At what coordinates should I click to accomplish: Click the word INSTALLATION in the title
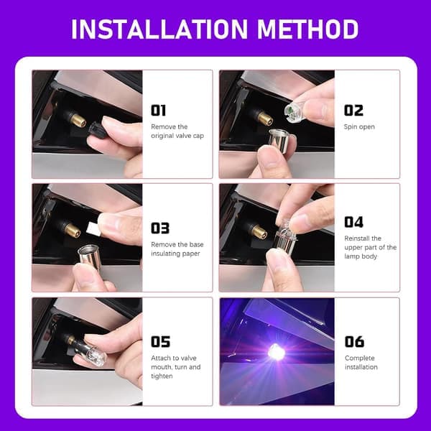tap(159, 29)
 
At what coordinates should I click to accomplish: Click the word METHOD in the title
tap(308, 29)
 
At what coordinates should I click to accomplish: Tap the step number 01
tap(158, 111)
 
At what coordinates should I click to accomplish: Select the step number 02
tap(353, 111)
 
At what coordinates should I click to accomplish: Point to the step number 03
tap(160, 228)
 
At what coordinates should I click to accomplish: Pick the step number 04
tap(353, 222)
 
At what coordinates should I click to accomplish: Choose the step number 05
tap(160, 342)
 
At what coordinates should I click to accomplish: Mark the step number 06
tap(354, 342)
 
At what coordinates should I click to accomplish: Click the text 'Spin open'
tap(359, 127)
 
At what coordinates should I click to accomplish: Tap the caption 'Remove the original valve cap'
tap(177, 131)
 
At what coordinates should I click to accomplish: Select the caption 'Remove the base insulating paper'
tap(177, 249)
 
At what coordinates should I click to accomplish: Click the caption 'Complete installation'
tap(361, 363)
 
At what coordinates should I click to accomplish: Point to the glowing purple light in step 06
tap(275, 352)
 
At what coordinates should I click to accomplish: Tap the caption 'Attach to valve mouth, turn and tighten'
tap(176, 367)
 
